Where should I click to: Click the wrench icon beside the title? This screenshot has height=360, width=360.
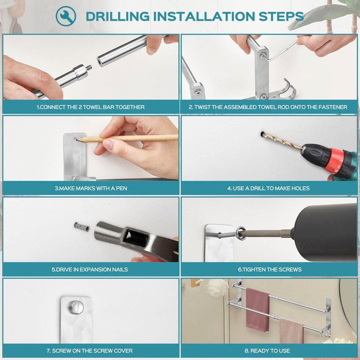click(x=66, y=16)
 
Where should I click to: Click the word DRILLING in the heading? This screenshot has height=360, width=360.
click(x=118, y=17)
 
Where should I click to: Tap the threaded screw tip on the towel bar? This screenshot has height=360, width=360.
click(x=90, y=68)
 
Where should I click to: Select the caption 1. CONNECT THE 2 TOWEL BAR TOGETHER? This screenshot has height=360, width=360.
click(x=91, y=107)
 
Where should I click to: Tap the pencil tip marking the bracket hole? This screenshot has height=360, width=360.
click(x=77, y=139)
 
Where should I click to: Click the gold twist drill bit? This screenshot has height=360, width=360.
click(x=283, y=141)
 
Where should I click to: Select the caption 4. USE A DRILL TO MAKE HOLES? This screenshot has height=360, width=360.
click(x=268, y=188)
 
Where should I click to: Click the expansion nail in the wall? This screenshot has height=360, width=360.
click(x=82, y=227)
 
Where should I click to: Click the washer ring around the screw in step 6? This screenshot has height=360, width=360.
click(x=241, y=233)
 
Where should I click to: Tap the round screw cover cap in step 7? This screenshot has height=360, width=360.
click(x=76, y=307)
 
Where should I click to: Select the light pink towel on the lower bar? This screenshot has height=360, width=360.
click(x=292, y=331)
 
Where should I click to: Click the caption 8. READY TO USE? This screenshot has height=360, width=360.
click(x=267, y=351)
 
